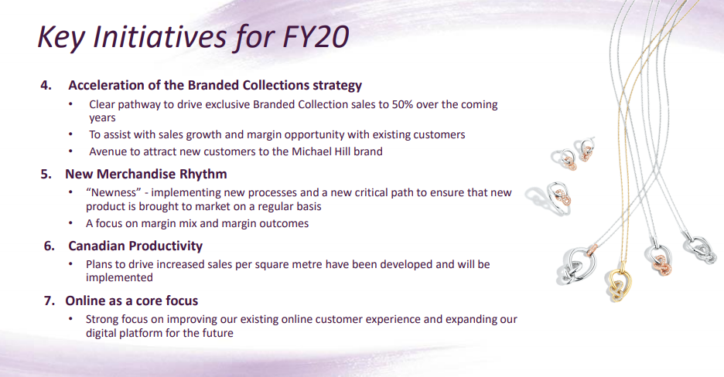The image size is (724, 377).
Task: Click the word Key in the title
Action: tap(60, 37)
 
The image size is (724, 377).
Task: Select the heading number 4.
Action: tap(46, 85)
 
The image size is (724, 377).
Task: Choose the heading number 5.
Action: tap(46, 175)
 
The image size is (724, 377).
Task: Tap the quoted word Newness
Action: tap(114, 192)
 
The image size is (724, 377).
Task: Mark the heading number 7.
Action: tap(50, 301)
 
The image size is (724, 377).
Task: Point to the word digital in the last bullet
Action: tap(101, 333)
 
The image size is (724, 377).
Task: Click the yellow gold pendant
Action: tap(618, 285)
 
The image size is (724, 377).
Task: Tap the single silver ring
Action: tap(552, 198)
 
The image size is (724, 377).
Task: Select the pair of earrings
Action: tap(572, 155)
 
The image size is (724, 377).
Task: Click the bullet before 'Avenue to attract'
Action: tap(70, 151)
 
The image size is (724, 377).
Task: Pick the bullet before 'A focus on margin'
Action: tap(70, 222)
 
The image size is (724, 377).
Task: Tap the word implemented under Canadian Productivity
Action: tap(119, 278)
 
